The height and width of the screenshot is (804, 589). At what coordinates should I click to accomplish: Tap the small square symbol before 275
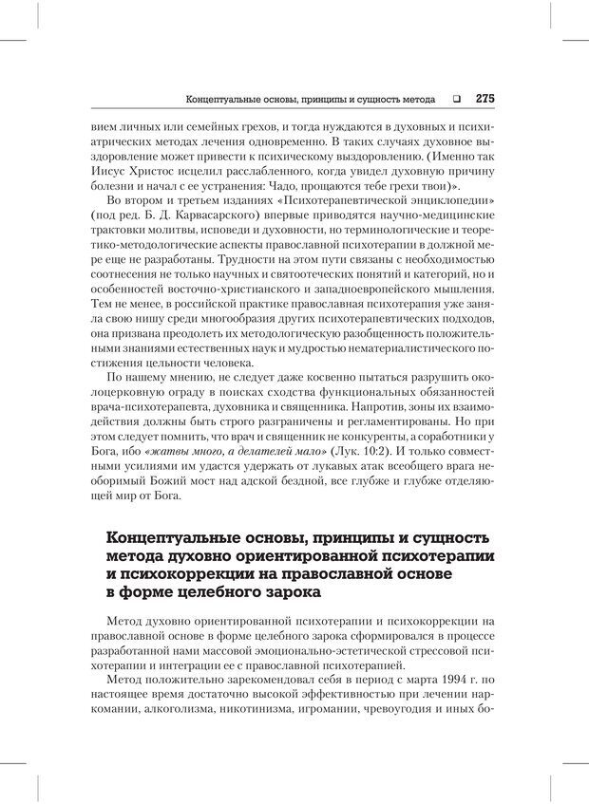[x=456, y=98]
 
